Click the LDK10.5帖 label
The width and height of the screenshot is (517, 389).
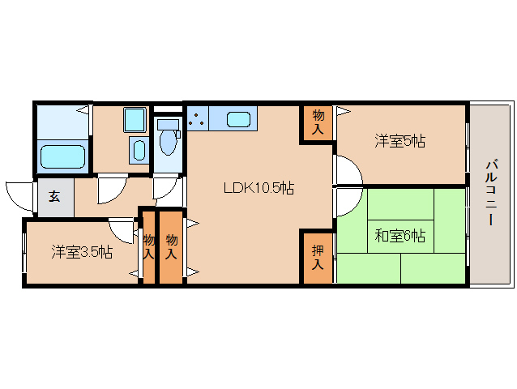(258, 189)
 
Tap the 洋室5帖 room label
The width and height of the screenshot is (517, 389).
(399, 141)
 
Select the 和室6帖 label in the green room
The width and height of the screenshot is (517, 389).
(399, 237)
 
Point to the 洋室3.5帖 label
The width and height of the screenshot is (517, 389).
(82, 251)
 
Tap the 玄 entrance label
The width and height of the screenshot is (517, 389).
(53, 196)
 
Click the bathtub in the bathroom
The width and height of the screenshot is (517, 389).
(62, 155)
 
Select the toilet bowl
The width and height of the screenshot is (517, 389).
(169, 143)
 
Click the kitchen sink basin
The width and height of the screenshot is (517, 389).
(237, 120)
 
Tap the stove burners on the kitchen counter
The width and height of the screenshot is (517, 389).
(196, 120)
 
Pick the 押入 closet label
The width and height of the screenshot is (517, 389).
(318, 257)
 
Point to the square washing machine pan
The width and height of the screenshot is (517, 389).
(134, 120)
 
